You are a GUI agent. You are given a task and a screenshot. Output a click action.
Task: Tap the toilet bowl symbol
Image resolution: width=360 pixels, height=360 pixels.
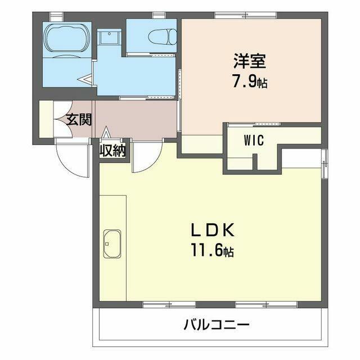pyautogui.click(x=163, y=36)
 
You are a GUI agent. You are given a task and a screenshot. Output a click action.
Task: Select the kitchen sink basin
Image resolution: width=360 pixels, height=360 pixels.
pyautogui.click(x=112, y=244)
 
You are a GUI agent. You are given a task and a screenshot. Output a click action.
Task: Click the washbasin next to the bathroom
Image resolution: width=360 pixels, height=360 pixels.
pyautogui.click(x=109, y=37)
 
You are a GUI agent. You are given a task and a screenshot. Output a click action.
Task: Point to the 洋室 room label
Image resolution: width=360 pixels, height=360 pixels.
pyautogui.click(x=250, y=61)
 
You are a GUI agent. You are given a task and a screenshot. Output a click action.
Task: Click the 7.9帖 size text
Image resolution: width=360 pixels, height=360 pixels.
pyautogui.click(x=250, y=82)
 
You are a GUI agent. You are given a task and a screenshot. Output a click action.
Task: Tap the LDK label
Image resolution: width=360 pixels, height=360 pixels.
pyautogui.click(x=213, y=230)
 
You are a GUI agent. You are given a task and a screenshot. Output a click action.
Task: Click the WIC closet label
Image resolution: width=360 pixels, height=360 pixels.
pyautogui.click(x=254, y=140)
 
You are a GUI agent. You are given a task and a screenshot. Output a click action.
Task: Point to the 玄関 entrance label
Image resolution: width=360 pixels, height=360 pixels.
pyautogui.click(x=79, y=119)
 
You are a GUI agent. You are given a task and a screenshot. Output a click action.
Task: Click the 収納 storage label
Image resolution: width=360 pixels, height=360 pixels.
pyautogui.click(x=112, y=151)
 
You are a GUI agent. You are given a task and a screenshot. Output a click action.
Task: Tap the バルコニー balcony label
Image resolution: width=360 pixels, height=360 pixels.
pyautogui.click(x=217, y=325)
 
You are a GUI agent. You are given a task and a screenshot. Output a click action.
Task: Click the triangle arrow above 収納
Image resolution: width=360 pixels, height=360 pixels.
pyautogui.click(x=106, y=133)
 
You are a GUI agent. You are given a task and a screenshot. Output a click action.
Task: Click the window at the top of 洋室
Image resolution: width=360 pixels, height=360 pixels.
pyautogui.click(x=246, y=15)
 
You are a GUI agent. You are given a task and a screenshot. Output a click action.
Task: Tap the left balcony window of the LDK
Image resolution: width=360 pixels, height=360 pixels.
pyautogui.click(x=169, y=304)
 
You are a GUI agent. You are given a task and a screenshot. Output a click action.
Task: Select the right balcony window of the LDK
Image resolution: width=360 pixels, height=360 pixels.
pyautogui.click(x=266, y=304)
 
